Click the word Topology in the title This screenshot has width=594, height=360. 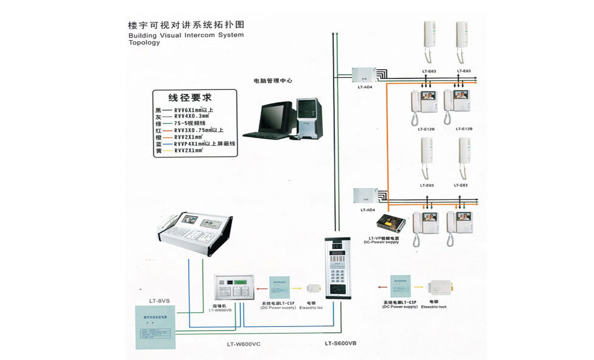pos(144,43)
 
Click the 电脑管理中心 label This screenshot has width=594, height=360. pos(273,81)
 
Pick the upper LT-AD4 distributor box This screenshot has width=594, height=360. pos(362,75)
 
